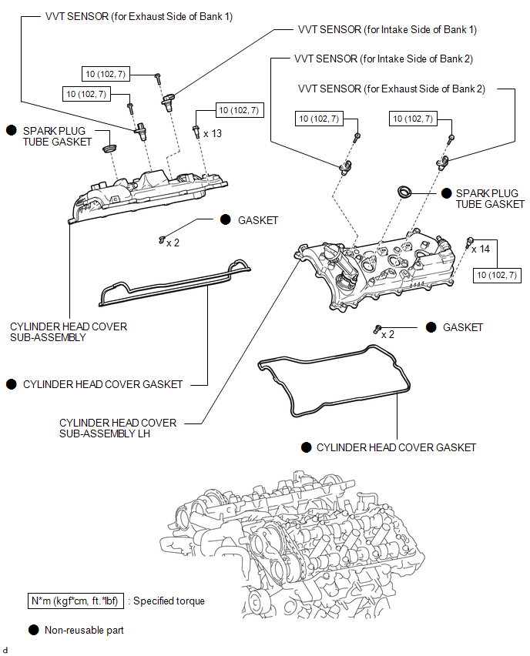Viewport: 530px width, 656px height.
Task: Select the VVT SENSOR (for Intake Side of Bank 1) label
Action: tap(387, 29)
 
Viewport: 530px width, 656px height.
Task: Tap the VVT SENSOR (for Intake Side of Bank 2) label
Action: tap(384, 59)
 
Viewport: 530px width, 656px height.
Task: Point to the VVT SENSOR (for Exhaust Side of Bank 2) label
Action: tap(391, 89)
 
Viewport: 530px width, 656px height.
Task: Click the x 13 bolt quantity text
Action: tap(213, 133)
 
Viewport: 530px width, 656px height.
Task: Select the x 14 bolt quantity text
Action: tap(480, 249)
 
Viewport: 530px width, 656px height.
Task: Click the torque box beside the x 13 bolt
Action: tap(239, 110)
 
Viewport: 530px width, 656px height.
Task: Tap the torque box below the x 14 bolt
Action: tap(496, 275)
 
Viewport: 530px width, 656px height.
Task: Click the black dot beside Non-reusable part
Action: tap(33, 630)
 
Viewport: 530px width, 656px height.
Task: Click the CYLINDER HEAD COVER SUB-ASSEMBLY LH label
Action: tap(118, 428)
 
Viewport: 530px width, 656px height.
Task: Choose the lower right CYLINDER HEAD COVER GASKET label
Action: tap(396, 447)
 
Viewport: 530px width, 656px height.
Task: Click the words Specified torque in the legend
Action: tap(169, 601)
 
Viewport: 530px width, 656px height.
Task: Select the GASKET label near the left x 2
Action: tap(258, 220)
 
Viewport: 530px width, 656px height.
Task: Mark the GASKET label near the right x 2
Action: tap(463, 327)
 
